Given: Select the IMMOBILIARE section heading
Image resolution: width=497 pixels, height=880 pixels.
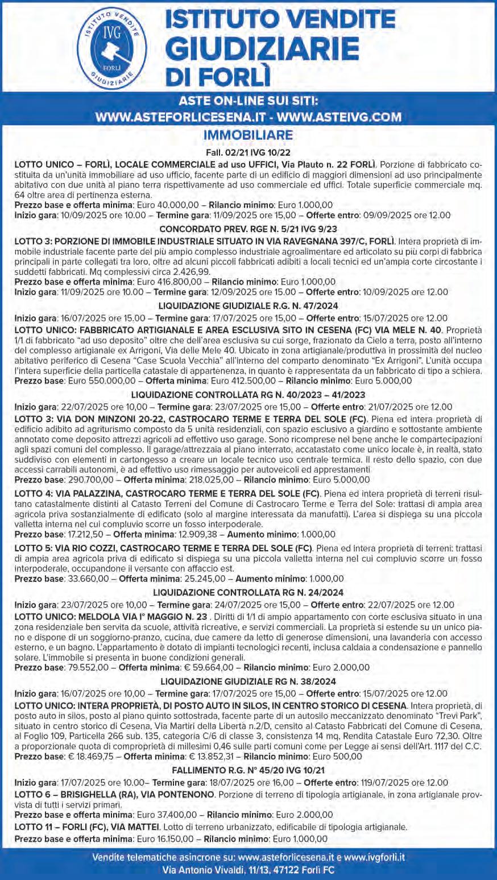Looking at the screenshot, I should point(248,135).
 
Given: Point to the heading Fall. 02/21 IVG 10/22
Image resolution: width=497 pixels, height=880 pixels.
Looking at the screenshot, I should point(248,153).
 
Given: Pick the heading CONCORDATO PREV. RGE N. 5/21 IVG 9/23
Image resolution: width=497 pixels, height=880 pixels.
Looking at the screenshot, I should point(248,229).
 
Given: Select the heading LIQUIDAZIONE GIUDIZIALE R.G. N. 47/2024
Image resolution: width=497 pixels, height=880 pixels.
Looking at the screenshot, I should point(248,305).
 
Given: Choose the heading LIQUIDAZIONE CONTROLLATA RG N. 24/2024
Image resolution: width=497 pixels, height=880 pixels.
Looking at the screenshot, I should point(248,593).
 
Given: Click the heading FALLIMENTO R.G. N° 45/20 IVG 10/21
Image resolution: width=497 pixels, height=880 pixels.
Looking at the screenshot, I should point(248,770).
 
